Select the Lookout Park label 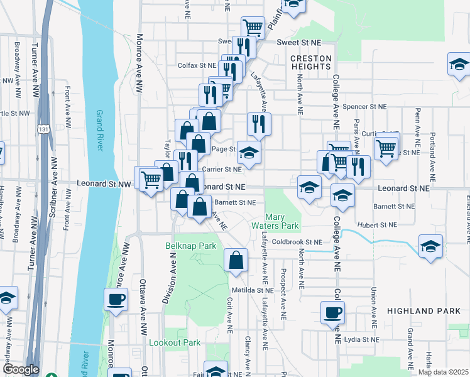(x=174, y=342)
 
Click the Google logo (x=21, y=369)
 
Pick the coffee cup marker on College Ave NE (x=332, y=312)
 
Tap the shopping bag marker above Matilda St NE (x=236, y=260)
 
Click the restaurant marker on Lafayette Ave (x=259, y=124)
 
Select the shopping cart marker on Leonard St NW (x=151, y=180)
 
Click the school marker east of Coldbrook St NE (x=430, y=246)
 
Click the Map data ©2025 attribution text (x=443, y=372)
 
